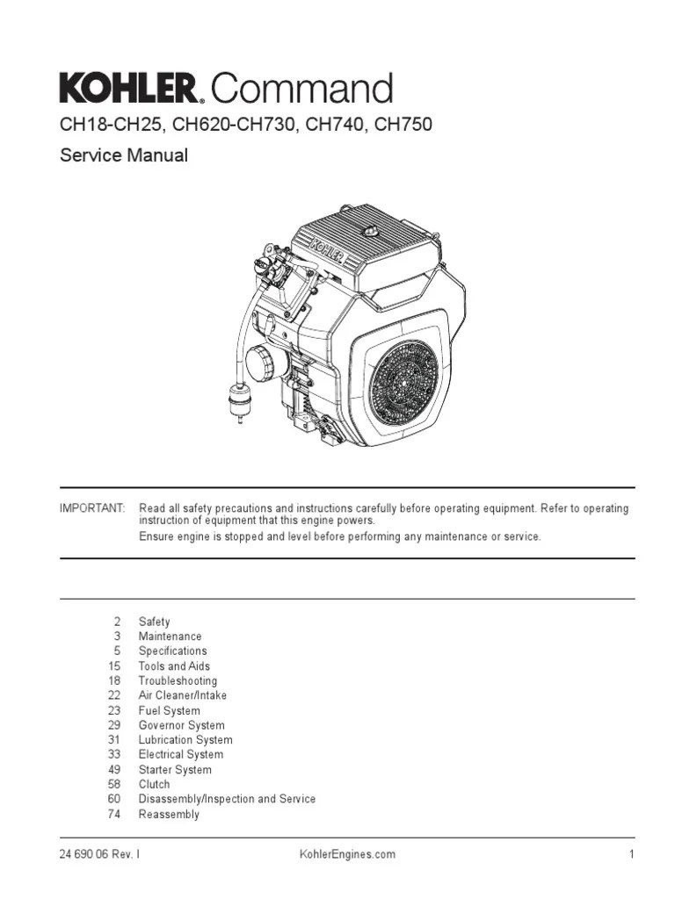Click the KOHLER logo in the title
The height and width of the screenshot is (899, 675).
click(x=130, y=89)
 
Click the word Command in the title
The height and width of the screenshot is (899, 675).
click(x=302, y=90)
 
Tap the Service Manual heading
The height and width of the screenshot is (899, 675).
click(x=123, y=156)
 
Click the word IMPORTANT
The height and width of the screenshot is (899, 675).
click(x=92, y=509)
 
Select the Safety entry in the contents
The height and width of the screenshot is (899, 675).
click(x=154, y=622)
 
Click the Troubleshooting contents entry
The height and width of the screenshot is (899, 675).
click(x=178, y=680)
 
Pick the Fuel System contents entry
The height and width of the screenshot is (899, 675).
click(x=169, y=710)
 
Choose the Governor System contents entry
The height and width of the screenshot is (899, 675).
click(x=181, y=725)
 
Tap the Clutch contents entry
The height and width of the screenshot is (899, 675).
click(x=154, y=784)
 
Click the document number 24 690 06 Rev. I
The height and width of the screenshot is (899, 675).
click(x=98, y=854)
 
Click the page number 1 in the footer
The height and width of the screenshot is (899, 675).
click(x=631, y=854)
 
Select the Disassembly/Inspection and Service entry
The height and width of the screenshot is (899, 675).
click(x=227, y=799)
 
